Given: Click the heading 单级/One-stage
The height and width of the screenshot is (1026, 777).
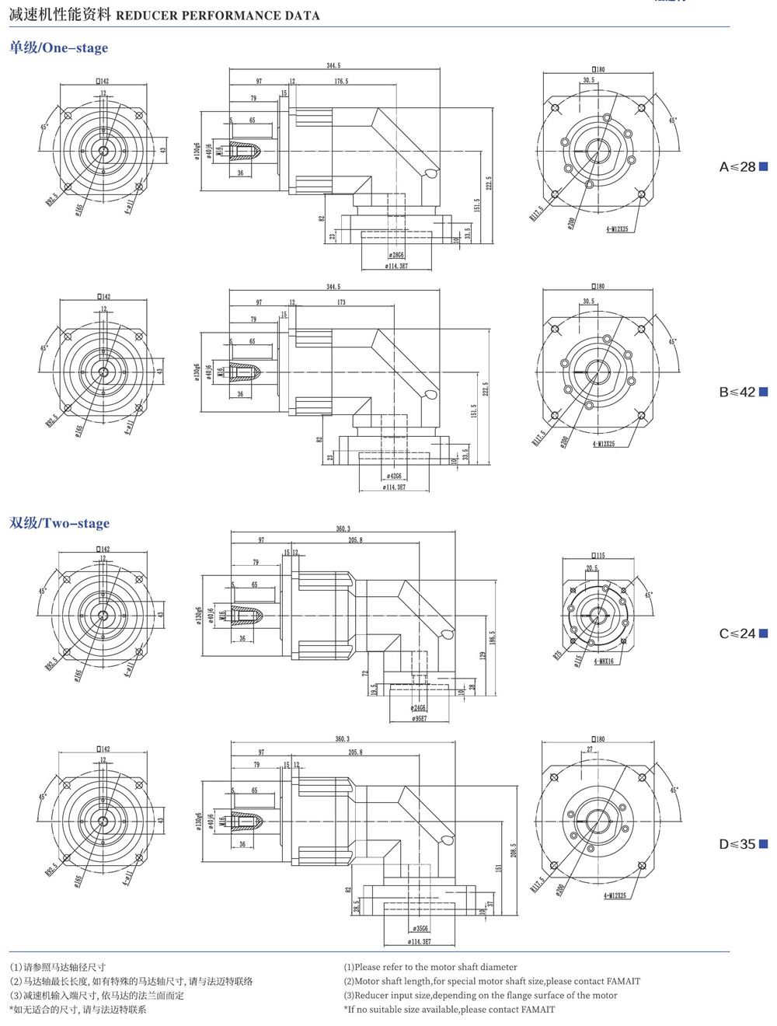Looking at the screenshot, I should [58, 48].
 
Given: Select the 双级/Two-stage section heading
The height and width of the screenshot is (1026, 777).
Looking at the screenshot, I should [59, 523].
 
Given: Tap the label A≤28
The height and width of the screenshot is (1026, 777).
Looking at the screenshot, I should [737, 167].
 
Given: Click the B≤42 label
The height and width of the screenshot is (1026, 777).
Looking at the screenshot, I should [737, 393].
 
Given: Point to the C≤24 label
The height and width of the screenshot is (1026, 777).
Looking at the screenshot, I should [737, 634].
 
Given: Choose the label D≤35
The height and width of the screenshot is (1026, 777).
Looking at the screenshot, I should [737, 844].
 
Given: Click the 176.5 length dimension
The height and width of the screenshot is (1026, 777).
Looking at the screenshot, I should [341, 82].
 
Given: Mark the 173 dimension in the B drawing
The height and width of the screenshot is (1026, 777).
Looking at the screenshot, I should [341, 302].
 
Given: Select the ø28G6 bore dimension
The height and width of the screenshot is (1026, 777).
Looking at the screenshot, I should [396, 255].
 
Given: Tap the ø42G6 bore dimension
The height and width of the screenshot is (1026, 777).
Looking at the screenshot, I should [395, 476].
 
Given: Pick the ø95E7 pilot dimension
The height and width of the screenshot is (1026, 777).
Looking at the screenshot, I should [419, 719].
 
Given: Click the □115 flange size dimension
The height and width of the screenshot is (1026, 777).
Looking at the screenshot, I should [598, 555].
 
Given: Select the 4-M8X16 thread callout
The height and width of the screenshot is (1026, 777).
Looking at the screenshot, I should [604, 661].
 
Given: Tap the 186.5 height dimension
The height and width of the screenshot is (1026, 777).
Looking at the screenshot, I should [492, 637].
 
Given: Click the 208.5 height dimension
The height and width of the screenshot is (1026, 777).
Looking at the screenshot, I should [513, 851].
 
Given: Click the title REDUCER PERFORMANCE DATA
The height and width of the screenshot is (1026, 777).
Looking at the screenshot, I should [218, 16].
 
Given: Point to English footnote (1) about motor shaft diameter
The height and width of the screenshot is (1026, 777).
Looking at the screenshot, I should [430, 967].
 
